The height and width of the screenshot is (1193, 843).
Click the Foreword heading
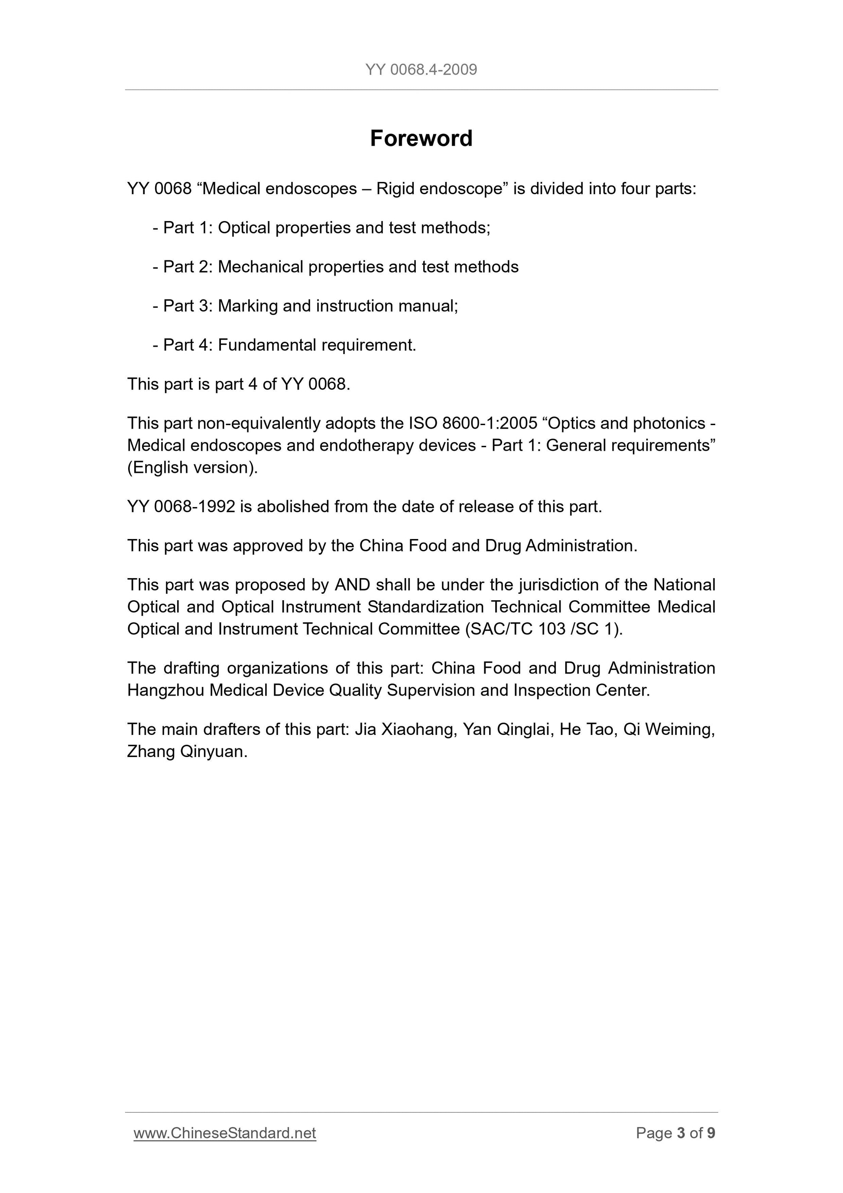[421, 139]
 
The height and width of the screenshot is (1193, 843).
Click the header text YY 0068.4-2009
[421, 70]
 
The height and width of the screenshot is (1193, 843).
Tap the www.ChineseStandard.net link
[225, 1133]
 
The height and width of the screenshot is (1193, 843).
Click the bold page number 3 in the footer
[681, 1133]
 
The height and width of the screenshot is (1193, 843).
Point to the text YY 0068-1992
[181, 507]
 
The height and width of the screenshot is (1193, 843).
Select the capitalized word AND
[352, 585]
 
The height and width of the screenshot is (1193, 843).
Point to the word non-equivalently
[259, 423]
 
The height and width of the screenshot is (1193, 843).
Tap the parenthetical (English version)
[192, 468]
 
